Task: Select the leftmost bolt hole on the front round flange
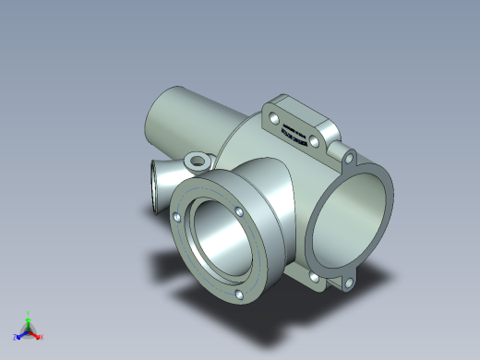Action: coord(175,217)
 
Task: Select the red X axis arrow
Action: coord(37,335)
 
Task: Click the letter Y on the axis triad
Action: coord(29,312)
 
